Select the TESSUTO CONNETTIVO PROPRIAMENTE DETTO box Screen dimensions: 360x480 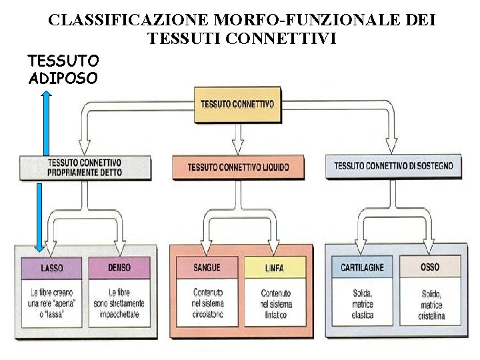pyautogui.click(x=85, y=167)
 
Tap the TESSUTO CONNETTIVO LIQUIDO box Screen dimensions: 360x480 pyautogui.click(x=238, y=167)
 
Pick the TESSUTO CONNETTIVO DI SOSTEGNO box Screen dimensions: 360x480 pyautogui.click(x=393, y=165)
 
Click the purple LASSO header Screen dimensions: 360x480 pyautogui.click(x=52, y=267)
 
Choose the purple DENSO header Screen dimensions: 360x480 pyautogui.click(x=119, y=267)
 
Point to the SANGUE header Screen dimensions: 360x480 pyautogui.click(x=207, y=267)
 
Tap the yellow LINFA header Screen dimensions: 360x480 pyautogui.click(x=273, y=267)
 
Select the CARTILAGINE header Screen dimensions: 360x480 pyautogui.click(x=362, y=267)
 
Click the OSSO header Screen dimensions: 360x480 pyautogui.click(x=430, y=267)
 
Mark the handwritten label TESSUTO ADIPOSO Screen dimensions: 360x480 pyautogui.click(x=63, y=70)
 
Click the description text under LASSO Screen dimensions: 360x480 pyautogui.click(x=52, y=303)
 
